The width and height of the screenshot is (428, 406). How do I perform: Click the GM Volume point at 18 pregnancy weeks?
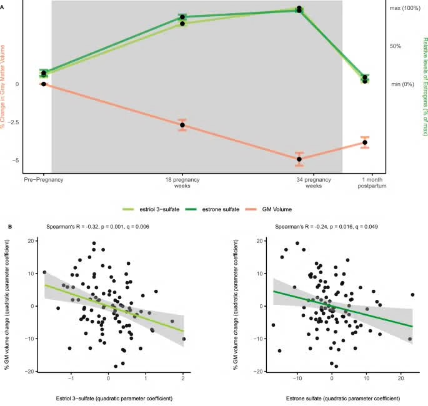[x=182, y=126]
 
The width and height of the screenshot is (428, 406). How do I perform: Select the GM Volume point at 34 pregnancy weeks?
[x=299, y=159]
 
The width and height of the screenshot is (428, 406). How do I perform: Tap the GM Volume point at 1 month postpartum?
[x=365, y=142]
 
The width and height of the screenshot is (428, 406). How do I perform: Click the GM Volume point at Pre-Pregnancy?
[x=44, y=84]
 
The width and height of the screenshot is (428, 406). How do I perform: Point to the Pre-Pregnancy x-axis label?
[x=44, y=180]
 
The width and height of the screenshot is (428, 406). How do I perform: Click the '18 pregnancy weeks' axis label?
[x=182, y=183]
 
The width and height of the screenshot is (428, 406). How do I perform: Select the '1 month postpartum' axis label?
[x=372, y=183]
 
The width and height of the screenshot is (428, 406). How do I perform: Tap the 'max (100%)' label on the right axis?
[x=405, y=8]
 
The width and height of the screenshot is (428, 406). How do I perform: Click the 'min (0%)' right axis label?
[x=402, y=84]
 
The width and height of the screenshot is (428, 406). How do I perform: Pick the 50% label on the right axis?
[x=396, y=46]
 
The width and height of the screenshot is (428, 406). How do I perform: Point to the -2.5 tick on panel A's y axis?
[x=13, y=122]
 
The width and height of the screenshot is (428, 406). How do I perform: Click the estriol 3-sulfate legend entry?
[x=151, y=209]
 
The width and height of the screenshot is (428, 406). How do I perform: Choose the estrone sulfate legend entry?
[x=212, y=209]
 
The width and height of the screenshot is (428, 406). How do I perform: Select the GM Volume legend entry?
[x=269, y=209]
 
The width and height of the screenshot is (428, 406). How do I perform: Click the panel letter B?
[x=10, y=227]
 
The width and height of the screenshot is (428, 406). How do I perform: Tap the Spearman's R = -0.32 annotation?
[x=97, y=227]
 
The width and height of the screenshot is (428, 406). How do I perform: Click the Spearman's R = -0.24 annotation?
[x=326, y=227]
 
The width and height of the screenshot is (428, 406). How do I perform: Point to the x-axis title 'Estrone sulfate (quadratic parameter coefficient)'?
[x=343, y=399]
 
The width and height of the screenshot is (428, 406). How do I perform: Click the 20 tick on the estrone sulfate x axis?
[x=401, y=378]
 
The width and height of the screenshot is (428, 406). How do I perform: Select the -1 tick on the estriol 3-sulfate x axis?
[x=71, y=378]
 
